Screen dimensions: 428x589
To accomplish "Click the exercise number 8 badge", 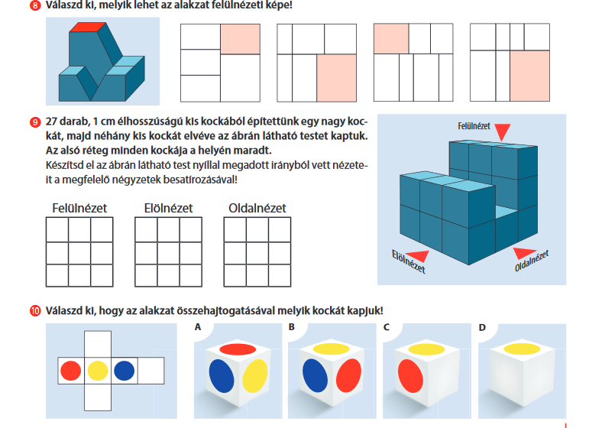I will (36, 5).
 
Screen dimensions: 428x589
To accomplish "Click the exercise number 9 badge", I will (36, 122).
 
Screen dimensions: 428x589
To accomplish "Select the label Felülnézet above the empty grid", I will (79, 208).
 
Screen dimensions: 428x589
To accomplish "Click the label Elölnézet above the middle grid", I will (168, 208).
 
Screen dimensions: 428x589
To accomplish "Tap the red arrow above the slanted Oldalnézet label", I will (521, 252).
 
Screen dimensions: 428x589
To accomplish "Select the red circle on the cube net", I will (70, 371).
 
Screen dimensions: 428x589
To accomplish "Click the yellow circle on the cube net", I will (97, 371).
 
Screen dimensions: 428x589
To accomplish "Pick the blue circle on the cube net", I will (124, 371).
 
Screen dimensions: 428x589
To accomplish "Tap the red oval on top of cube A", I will (239, 349).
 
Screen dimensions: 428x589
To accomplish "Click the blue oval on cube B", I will (315, 375).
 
